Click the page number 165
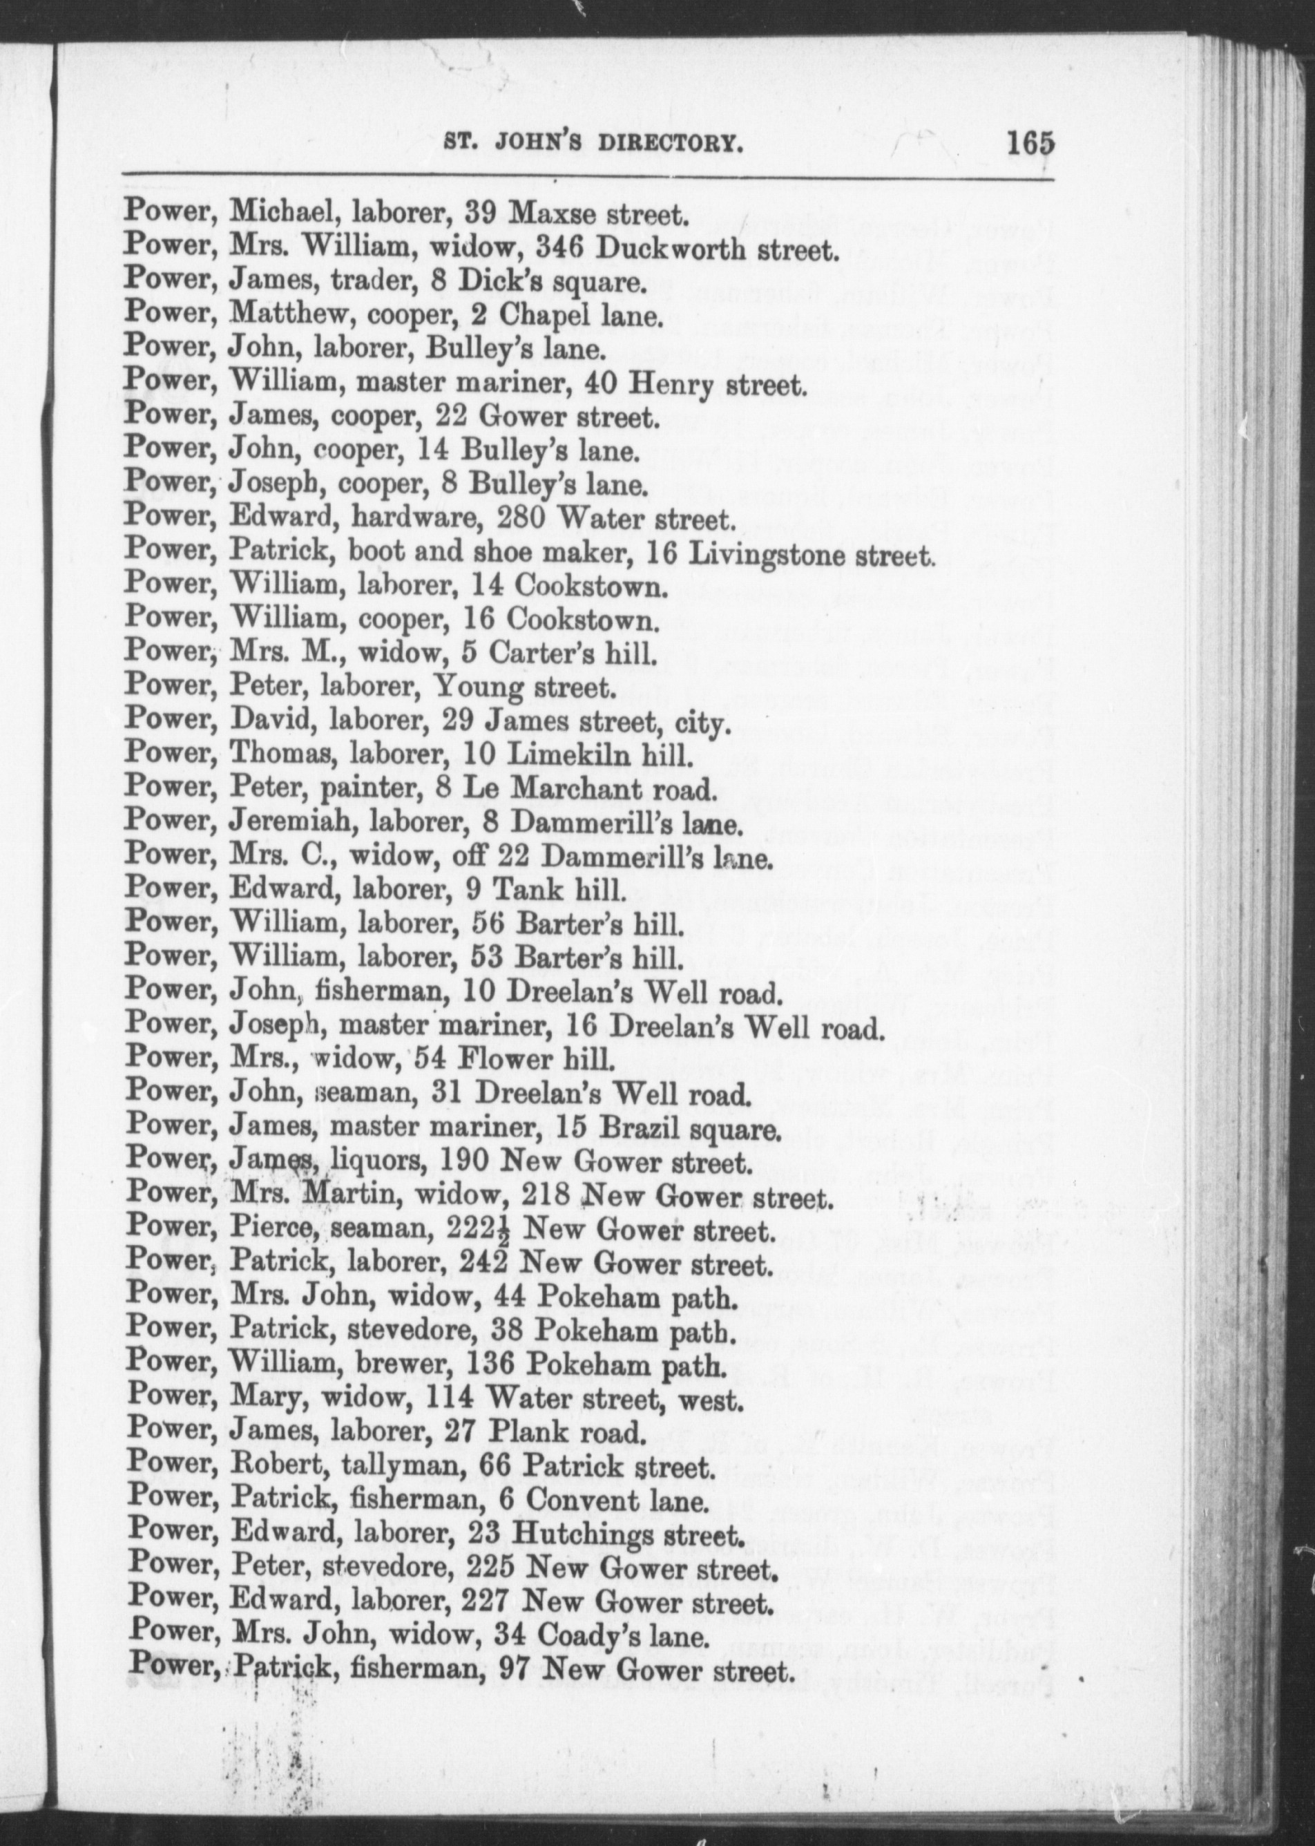click(x=1030, y=144)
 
